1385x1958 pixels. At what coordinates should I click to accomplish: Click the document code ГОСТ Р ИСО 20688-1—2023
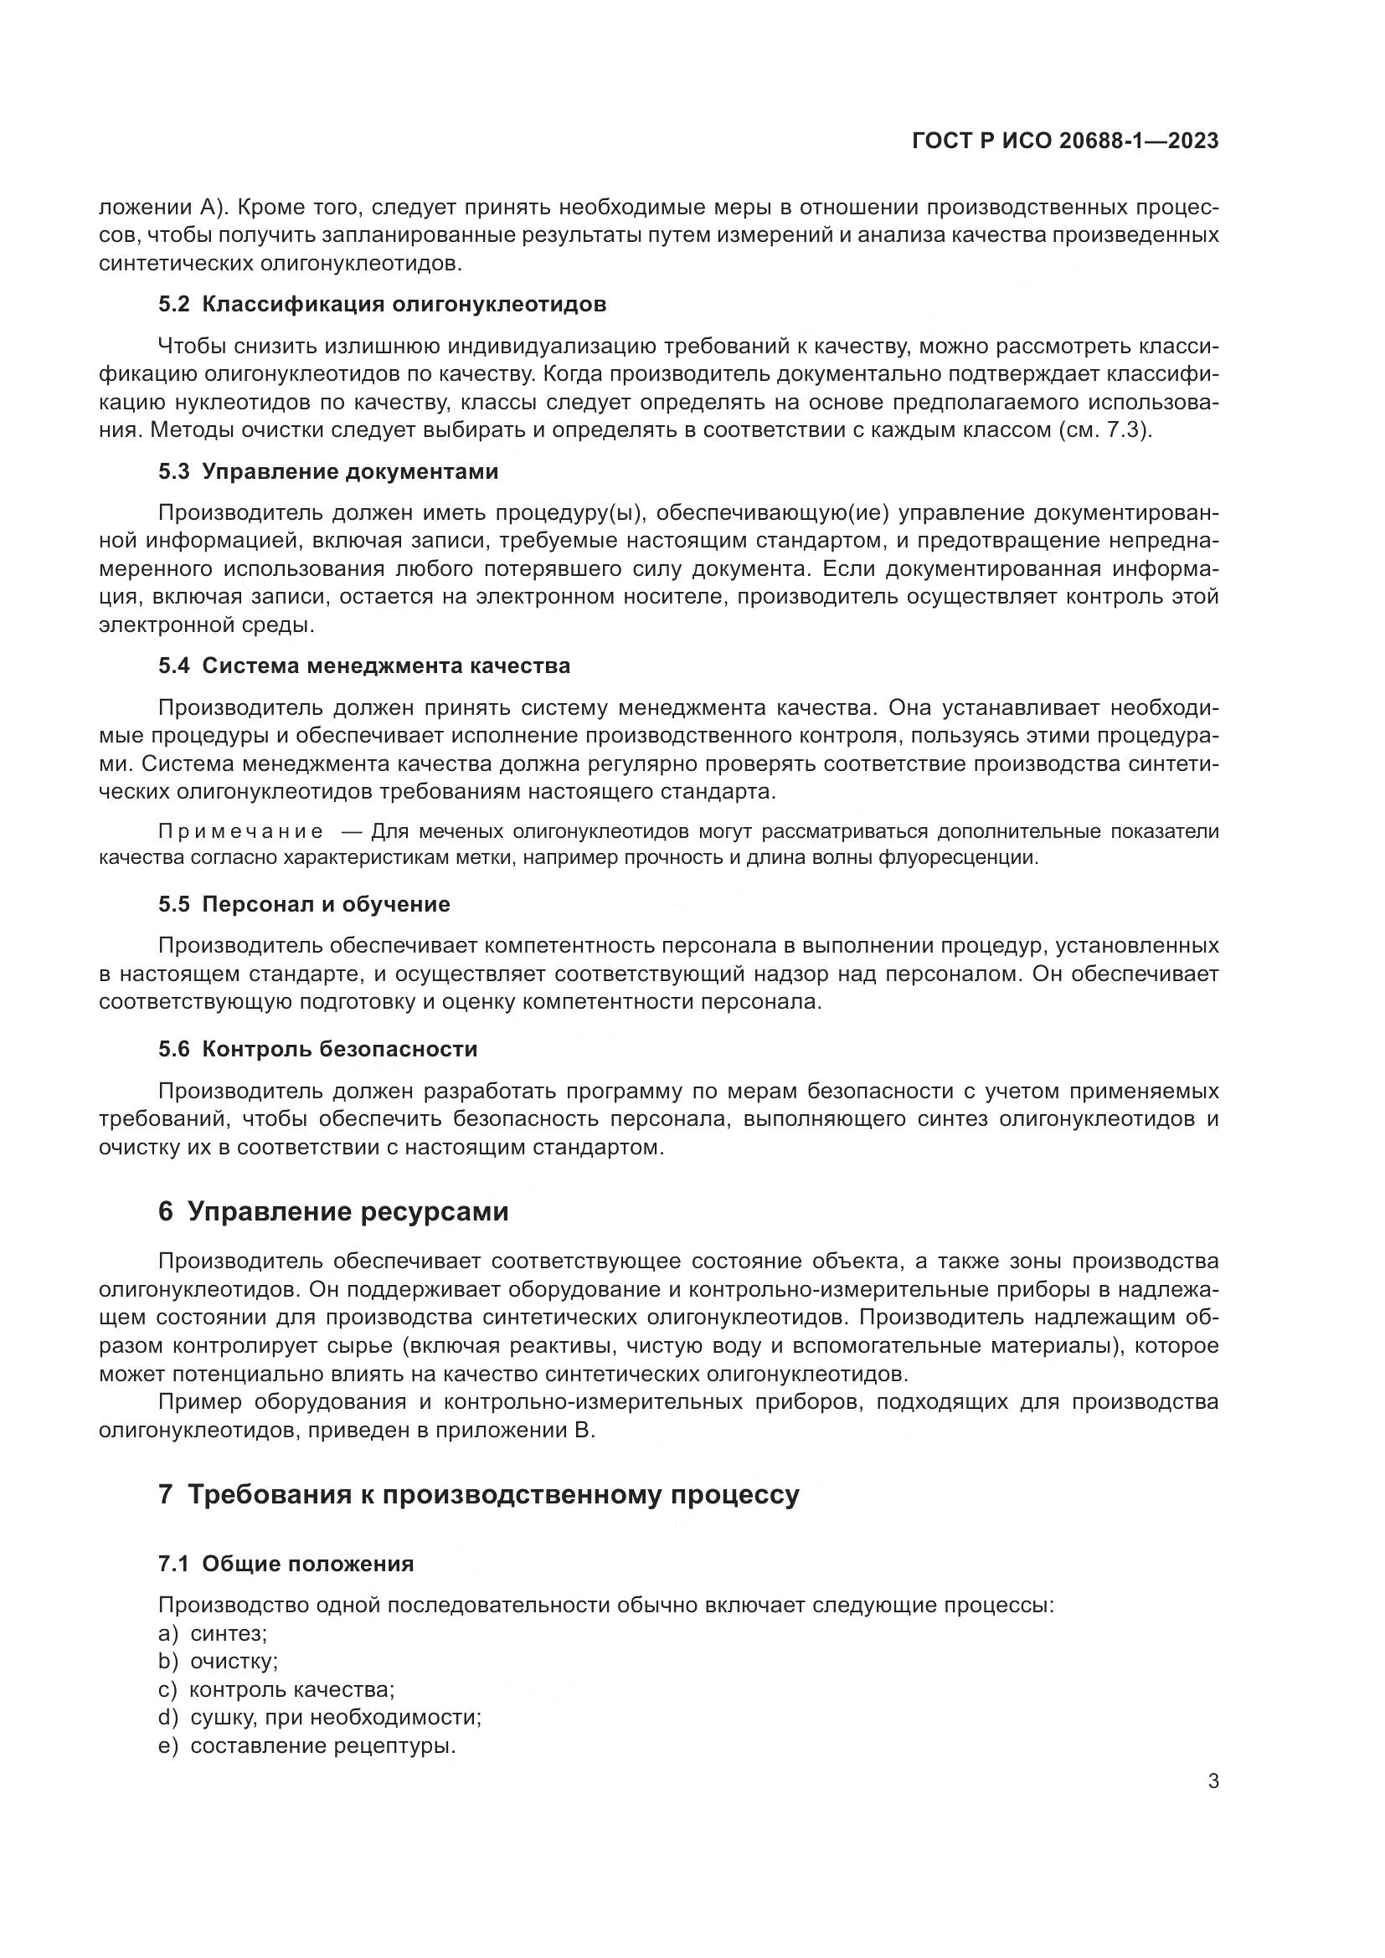(1064, 141)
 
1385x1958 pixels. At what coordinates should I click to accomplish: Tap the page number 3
(1213, 1781)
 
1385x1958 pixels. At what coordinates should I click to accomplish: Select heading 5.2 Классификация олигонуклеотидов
(382, 305)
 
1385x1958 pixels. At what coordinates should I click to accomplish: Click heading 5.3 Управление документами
(328, 471)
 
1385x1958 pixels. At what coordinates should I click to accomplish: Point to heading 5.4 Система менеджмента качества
(364, 666)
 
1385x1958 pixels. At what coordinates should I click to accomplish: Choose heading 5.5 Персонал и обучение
(304, 904)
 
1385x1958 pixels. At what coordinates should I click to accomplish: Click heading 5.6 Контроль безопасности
(317, 1049)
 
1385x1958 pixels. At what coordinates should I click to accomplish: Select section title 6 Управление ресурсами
(333, 1212)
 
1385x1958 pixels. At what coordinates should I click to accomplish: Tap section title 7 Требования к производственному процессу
(478, 1494)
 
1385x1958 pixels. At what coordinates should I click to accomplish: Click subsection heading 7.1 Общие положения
(286, 1564)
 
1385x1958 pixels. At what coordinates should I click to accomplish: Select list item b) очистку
(219, 1663)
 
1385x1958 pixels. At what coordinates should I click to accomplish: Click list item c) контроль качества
(276, 1690)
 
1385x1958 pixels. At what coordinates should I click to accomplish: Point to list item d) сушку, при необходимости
(320, 1718)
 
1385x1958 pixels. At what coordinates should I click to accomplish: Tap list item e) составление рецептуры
(307, 1745)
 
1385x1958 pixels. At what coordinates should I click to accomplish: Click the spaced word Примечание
(241, 832)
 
